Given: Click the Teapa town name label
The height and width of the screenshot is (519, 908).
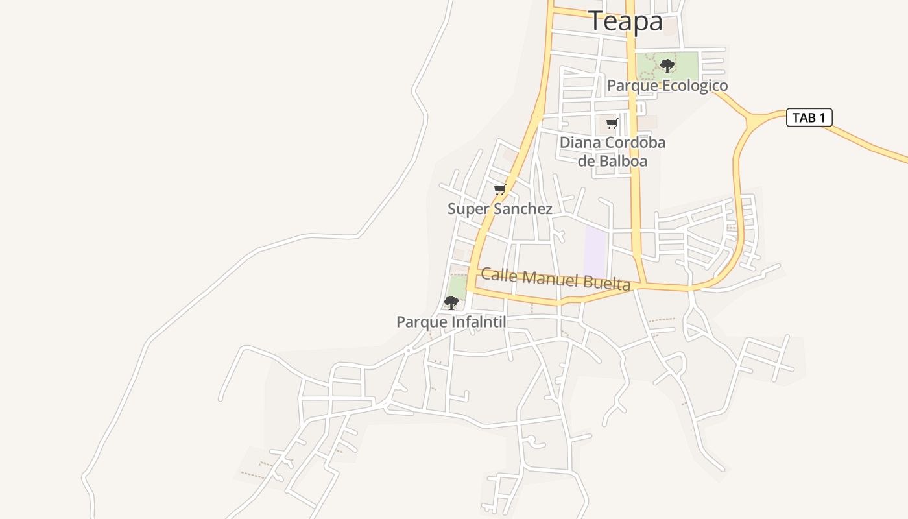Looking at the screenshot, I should [625, 21].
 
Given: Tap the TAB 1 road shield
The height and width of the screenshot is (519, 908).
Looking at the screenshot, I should [809, 117].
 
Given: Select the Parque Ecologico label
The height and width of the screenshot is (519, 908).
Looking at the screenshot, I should [667, 86].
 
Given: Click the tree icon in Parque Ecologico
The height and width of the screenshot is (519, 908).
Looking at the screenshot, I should [667, 66].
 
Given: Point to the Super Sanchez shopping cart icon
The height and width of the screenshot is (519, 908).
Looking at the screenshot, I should [499, 190].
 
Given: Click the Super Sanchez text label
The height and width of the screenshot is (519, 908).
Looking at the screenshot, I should [499, 209].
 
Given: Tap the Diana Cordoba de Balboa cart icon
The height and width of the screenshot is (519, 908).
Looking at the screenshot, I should [611, 123].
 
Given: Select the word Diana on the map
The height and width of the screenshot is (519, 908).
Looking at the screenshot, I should [580, 143].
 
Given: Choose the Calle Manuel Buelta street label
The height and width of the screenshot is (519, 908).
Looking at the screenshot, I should [555, 278].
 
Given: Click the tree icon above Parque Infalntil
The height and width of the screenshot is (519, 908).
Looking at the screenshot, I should [451, 302].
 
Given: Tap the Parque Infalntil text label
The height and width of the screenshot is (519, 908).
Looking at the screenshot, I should [451, 322].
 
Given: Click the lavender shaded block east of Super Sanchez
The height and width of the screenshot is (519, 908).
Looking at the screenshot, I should [595, 252].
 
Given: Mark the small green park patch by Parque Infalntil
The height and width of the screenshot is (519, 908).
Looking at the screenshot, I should [457, 286].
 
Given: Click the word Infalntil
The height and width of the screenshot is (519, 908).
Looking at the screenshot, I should [479, 322].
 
